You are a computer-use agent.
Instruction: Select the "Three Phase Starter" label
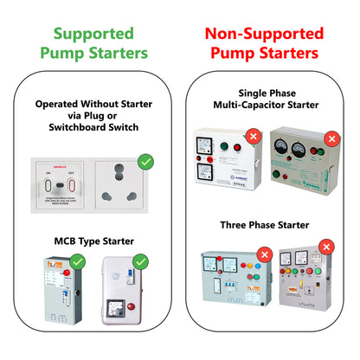click(264, 225)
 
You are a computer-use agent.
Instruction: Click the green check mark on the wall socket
click(145, 161)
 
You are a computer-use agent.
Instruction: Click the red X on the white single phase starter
click(253, 137)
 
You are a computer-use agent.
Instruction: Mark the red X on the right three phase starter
click(326, 247)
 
